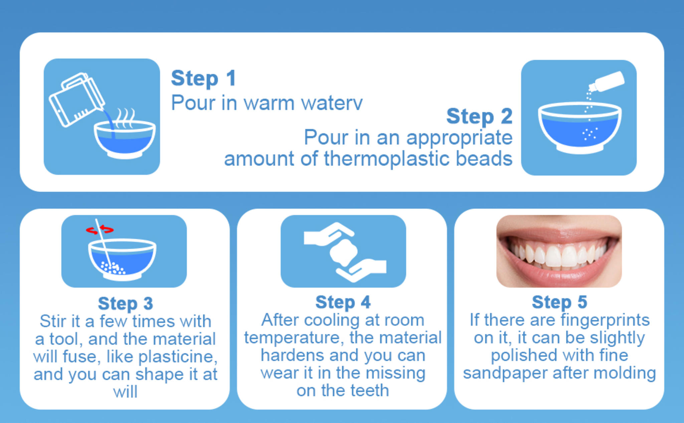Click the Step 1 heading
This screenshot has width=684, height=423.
click(203, 78)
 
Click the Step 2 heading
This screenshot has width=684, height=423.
click(479, 116)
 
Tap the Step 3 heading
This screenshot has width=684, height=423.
click(125, 303)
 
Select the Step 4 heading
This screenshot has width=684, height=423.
click(343, 302)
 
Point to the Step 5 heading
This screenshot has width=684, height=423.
click(559, 302)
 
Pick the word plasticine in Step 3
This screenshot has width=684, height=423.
click(178, 357)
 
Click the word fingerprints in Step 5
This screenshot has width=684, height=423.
click(605, 320)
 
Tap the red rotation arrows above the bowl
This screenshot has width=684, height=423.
click(100, 230)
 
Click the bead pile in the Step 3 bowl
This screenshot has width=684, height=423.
click(113, 268)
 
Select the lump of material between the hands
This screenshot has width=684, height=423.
click(344, 252)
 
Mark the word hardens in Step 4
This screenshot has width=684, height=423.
click(292, 355)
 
